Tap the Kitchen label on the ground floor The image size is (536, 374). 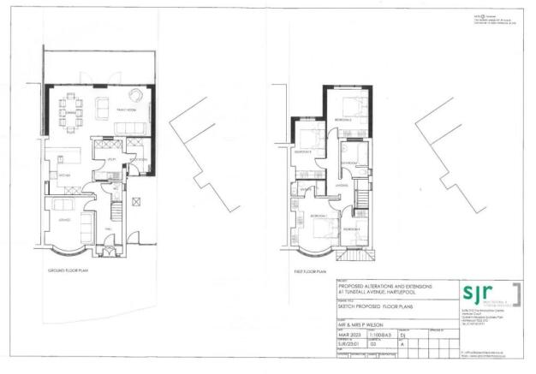pyautogui.click(x=64, y=175)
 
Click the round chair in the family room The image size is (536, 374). pyautogui.click(x=136, y=95)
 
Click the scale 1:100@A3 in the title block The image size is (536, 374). pyautogui.click(x=380, y=335)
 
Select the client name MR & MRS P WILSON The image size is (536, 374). pyautogui.click(x=362, y=324)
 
